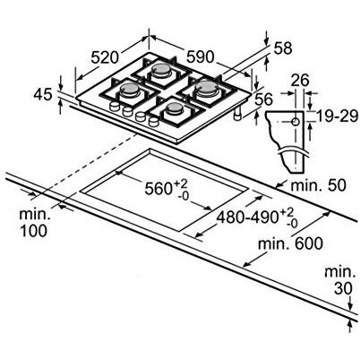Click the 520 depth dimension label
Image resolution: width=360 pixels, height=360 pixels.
tap(105, 57)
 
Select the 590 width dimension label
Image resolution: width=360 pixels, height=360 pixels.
tap(201, 56)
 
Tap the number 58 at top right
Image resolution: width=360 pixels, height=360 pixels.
tap(282, 48)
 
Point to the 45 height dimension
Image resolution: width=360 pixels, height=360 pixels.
tap(43, 95)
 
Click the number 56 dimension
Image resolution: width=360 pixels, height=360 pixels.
tap(264, 99)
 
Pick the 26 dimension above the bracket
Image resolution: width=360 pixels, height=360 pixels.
tap(299, 81)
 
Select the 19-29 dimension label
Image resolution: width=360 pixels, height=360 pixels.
tap(337, 116)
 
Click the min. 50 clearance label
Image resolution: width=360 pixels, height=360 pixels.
tap(318, 185)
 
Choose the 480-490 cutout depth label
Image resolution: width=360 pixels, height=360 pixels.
tap(257, 219)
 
